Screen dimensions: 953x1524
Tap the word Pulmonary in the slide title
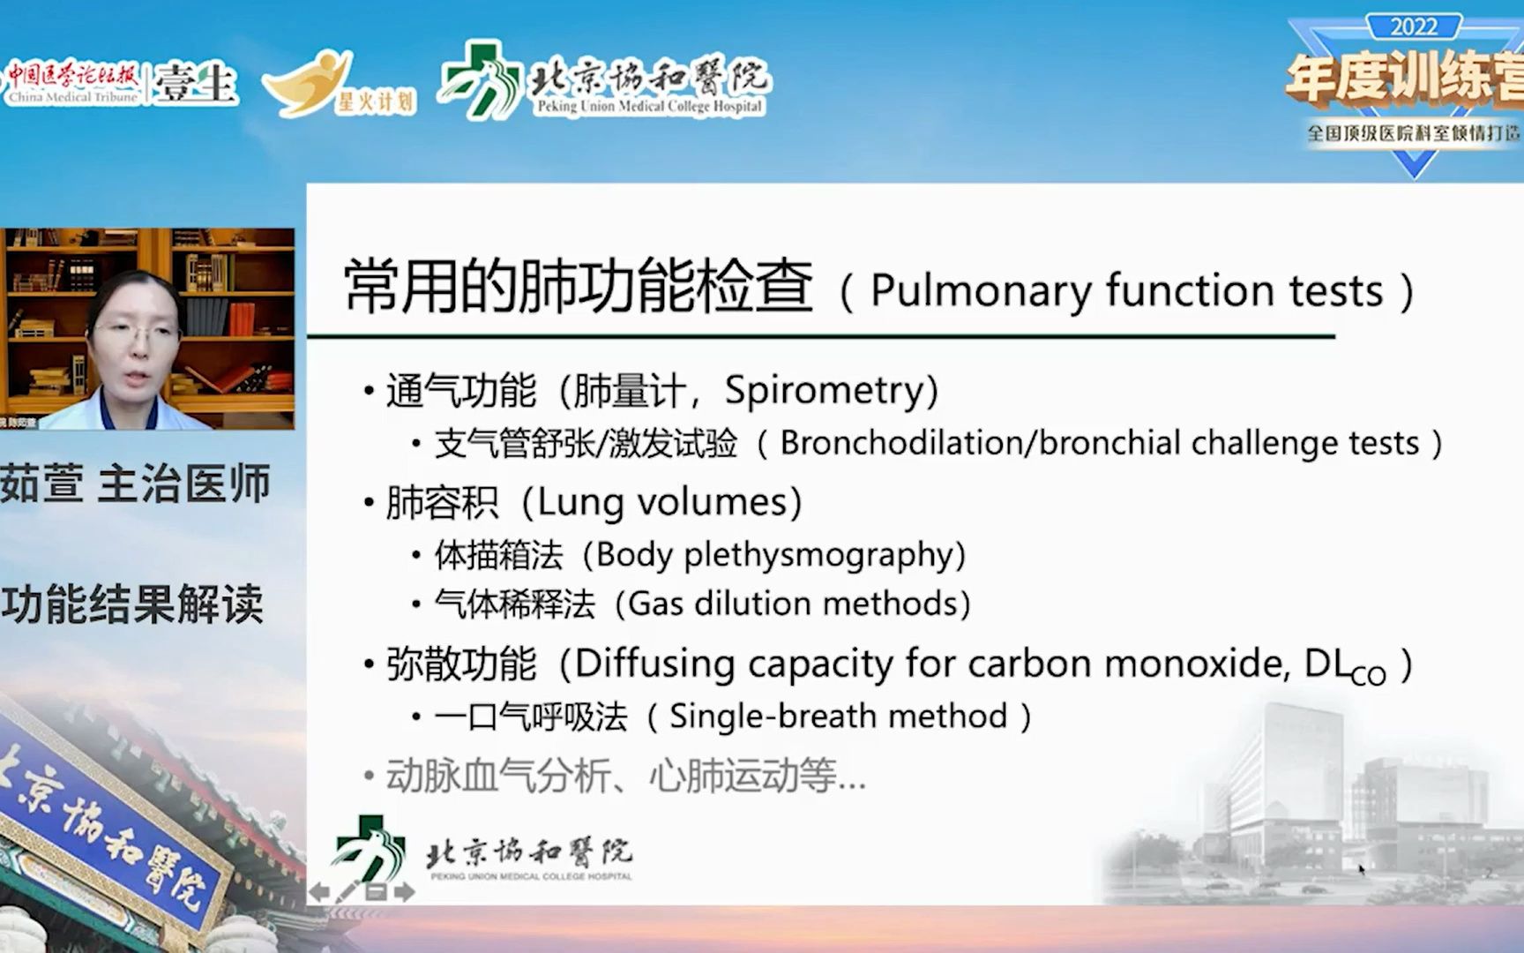click(x=979, y=291)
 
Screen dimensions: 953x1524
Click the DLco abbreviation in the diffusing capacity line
click(x=1344, y=665)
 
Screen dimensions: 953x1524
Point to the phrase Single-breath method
click(x=838, y=717)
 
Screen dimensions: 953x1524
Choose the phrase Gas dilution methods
click(x=792, y=604)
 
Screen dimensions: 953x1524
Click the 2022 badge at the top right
click(x=1413, y=26)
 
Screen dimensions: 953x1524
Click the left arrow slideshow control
click(x=319, y=892)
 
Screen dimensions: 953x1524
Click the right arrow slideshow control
click(x=405, y=892)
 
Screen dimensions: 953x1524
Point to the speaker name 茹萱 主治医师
click(x=134, y=484)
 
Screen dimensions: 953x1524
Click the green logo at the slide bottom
click(x=369, y=849)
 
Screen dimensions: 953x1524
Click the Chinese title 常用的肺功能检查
click(x=578, y=287)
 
